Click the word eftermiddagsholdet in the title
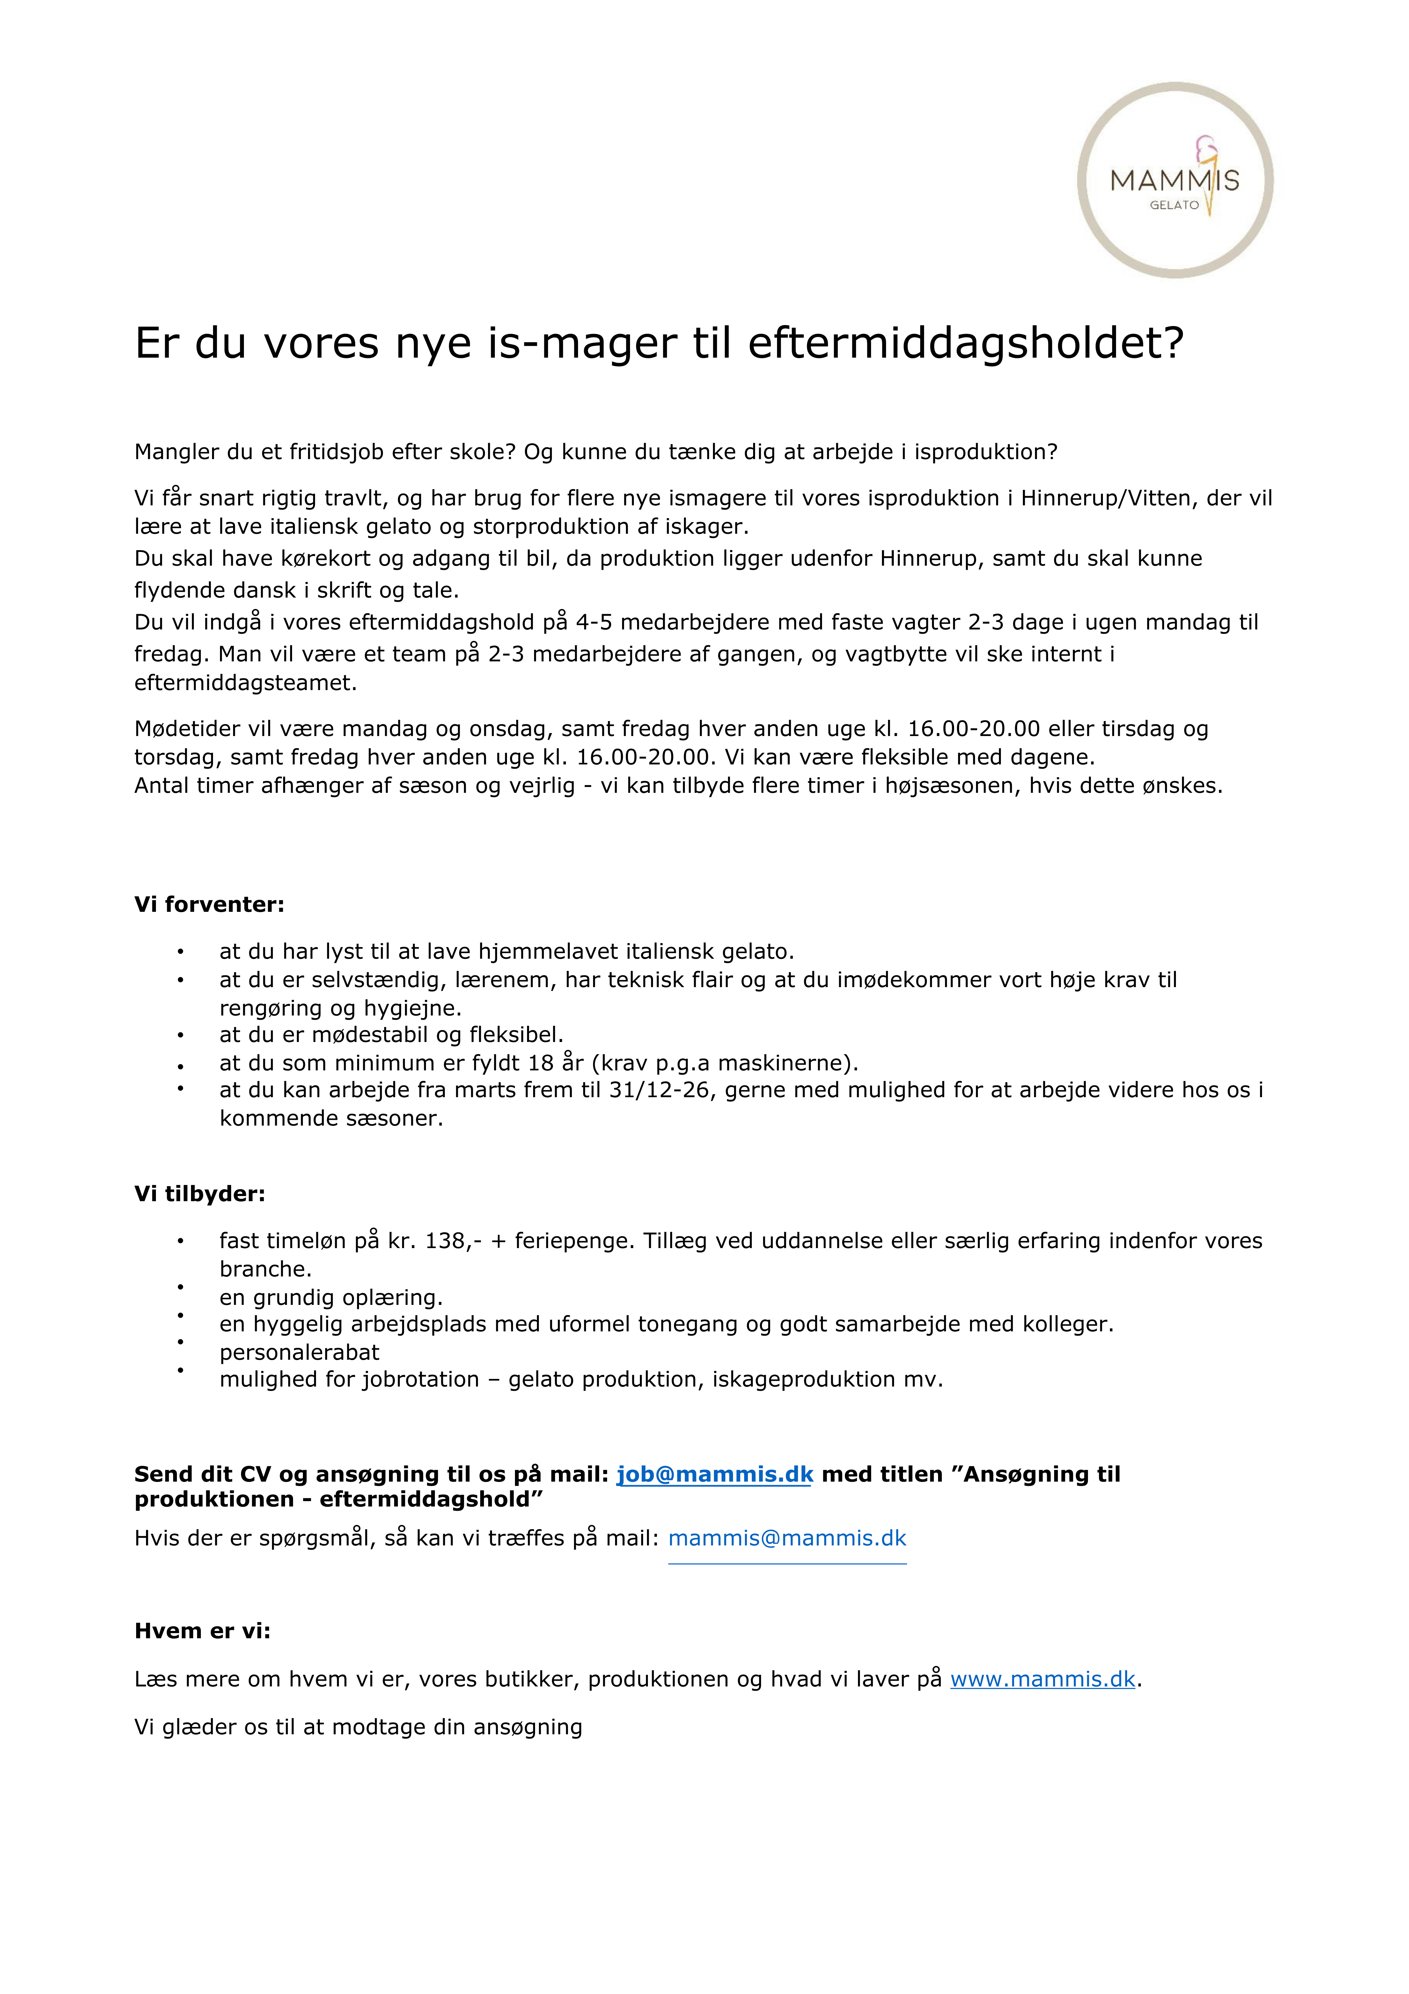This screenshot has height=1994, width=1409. tap(965, 343)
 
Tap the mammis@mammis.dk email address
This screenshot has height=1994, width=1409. tap(787, 1538)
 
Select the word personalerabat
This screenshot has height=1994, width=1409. tap(299, 1352)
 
